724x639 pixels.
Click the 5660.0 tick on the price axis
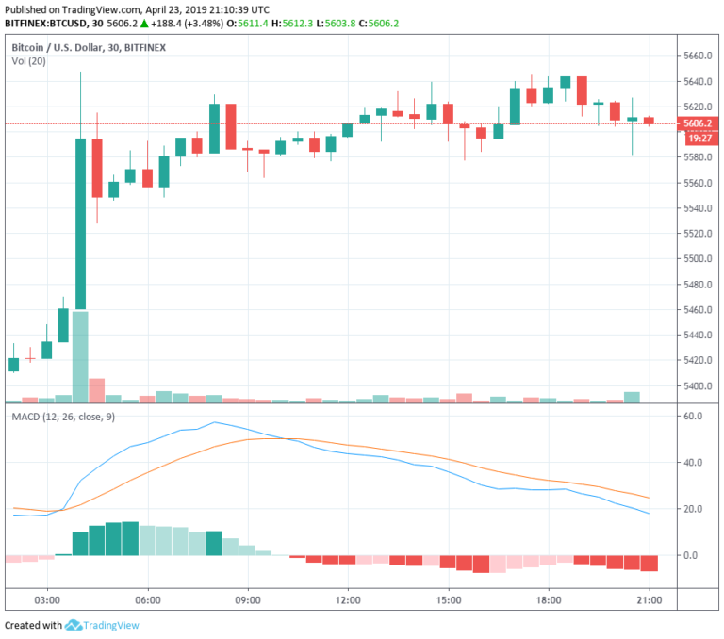tap(698, 56)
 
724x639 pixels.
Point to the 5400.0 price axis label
tap(698, 386)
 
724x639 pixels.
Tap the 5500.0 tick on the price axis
tap(698, 258)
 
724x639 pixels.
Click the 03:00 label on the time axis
tap(47, 599)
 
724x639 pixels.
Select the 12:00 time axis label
tap(348, 599)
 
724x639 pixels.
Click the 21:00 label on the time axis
tap(649, 599)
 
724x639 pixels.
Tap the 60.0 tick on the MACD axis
tap(694, 416)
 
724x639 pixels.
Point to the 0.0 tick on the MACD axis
tap(694, 555)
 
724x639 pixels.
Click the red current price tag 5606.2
tap(698, 123)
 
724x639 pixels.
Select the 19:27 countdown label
tap(698, 138)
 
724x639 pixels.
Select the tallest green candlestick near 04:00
tap(80, 223)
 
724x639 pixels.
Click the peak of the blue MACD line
tap(215, 422)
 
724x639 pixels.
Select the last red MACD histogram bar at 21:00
tap(649, 564)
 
